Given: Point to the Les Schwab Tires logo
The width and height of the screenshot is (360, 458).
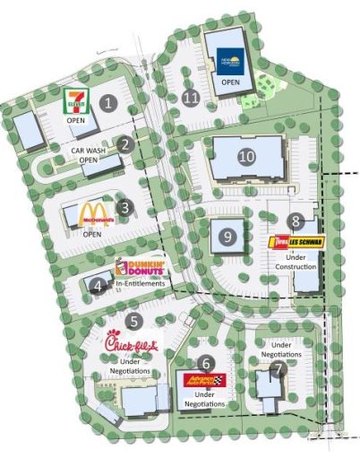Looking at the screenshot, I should [295, 241].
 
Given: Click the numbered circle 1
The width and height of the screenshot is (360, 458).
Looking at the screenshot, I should [109, 102].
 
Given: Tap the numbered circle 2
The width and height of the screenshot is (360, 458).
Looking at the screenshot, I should [125, 143].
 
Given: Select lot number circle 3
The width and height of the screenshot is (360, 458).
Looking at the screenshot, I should [125, 208].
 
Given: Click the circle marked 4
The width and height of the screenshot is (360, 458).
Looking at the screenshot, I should [97, 286].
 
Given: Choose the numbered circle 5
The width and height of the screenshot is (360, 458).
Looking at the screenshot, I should [133, 318].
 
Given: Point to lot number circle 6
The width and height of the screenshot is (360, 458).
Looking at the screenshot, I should [207, 362].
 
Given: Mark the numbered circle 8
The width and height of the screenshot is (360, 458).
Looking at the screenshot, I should [295, 220].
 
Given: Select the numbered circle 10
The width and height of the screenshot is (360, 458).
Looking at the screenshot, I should [248, 155].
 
